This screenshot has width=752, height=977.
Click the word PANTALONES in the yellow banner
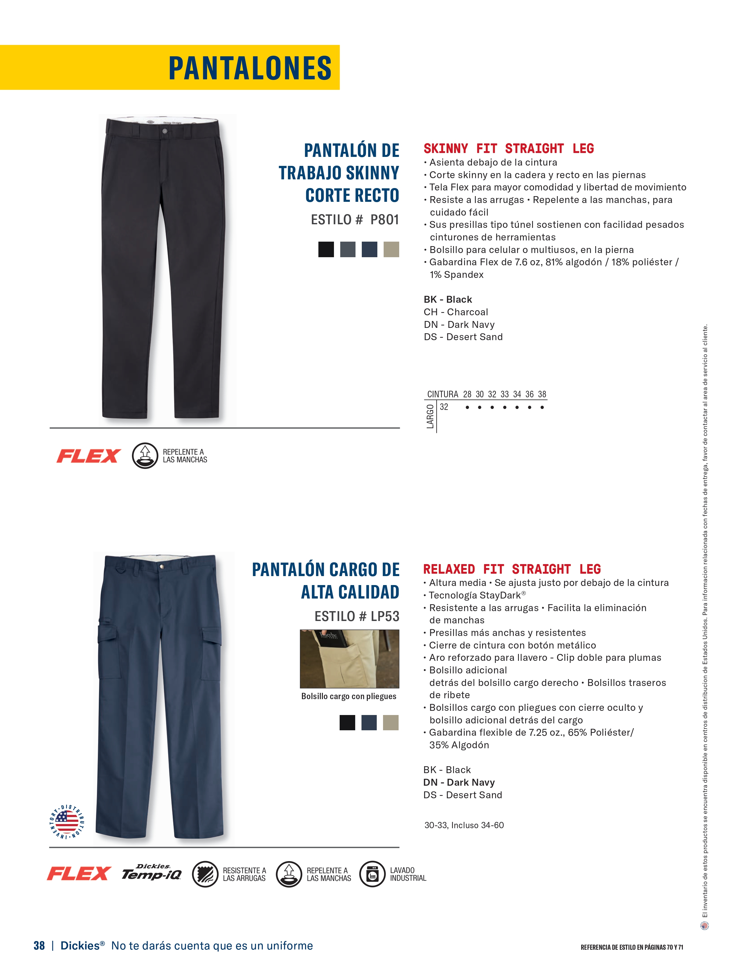pos(250,68)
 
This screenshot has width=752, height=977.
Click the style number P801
pos(385,220)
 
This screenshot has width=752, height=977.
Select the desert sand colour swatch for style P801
pos(391,249)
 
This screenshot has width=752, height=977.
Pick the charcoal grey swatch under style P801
pos(347,249)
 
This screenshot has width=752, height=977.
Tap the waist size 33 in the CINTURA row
pos(504,394)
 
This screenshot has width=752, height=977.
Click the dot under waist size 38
pos(542,408)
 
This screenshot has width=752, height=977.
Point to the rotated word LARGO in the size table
pos(430,416)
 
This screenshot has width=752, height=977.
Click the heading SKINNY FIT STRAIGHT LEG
pos(508,149)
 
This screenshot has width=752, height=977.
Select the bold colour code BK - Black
pos(448,299)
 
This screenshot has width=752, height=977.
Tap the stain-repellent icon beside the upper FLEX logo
pos(145,455)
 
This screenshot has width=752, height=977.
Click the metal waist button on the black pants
pos(165,131)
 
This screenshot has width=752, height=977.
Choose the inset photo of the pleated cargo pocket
pos(349,658)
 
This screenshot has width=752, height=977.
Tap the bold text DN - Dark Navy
pos(459,782)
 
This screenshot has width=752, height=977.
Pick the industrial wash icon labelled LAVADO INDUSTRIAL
pos(372,874)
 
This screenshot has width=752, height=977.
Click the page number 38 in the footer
pos(39,945)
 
